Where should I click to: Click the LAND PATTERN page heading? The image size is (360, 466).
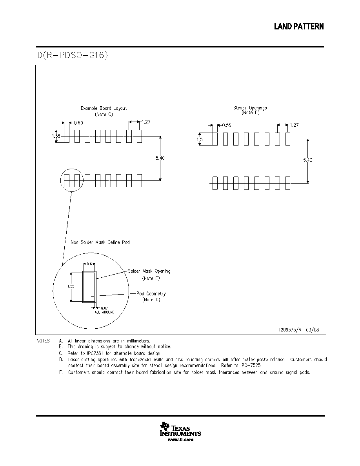[x=299, y=27]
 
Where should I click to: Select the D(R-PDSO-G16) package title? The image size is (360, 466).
[x=73, y=55]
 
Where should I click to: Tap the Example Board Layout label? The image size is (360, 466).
[x=104, y=108]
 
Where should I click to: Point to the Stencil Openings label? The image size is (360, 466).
[x=250, y=108]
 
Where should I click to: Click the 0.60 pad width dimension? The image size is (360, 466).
[x=78, y=123]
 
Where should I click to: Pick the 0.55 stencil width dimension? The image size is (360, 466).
[x=227, y=126]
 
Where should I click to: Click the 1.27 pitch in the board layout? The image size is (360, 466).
[x=146, y=122]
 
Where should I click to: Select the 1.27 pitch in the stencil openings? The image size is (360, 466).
[x=294, y=125]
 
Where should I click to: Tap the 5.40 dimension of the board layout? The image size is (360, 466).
[x=160, y=158]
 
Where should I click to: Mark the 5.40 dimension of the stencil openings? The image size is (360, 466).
[x=308, y=160]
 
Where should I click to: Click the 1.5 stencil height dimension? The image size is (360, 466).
[x=200, y=139]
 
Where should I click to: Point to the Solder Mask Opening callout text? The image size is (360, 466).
[x=149, y=271]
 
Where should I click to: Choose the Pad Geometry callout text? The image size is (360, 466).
[x=151, y=294]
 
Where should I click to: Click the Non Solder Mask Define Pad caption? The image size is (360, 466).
[x=100, y=242]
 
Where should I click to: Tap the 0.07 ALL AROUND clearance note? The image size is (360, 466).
[x=105, y=310]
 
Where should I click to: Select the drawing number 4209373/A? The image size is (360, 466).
[x=289, y=329]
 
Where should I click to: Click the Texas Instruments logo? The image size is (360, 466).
[x=180, y=429]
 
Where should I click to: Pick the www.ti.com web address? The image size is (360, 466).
[x=181, y=440]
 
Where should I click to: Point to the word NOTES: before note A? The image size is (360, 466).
[x=44, y=341]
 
